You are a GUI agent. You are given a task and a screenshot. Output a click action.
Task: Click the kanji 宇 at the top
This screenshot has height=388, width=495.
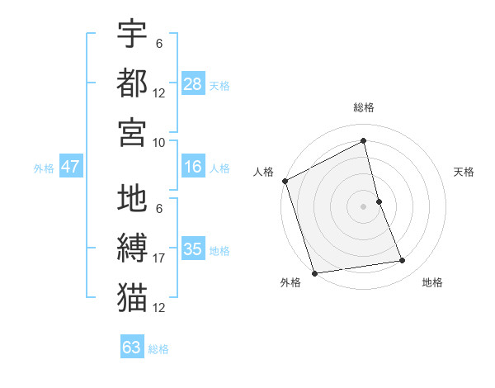132,35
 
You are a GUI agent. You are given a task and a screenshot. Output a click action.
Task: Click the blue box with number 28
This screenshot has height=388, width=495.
193,84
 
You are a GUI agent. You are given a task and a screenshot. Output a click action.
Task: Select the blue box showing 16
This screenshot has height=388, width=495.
193,167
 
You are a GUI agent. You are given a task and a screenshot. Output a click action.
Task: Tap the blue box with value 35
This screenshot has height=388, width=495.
193,249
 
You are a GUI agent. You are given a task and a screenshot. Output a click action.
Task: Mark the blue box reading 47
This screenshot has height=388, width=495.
70,167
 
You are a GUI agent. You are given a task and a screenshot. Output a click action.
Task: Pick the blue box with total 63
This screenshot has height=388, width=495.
132,348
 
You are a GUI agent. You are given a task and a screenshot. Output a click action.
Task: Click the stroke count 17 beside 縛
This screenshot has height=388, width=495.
159,259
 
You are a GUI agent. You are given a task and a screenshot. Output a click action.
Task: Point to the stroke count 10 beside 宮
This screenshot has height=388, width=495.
159,142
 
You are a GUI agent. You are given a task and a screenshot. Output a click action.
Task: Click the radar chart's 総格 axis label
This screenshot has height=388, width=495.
364,107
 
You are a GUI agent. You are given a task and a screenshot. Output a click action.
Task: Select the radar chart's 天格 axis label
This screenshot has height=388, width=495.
464,172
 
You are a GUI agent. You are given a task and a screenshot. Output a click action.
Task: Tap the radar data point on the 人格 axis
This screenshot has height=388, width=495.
285,181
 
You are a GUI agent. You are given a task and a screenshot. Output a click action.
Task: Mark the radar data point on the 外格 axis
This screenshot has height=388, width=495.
314,273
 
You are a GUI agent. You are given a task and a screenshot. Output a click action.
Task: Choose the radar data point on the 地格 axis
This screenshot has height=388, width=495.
403,261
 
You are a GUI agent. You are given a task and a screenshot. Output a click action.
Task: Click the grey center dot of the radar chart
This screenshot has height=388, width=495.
364,206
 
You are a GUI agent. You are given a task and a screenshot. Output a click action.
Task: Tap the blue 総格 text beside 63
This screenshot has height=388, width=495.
159,349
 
